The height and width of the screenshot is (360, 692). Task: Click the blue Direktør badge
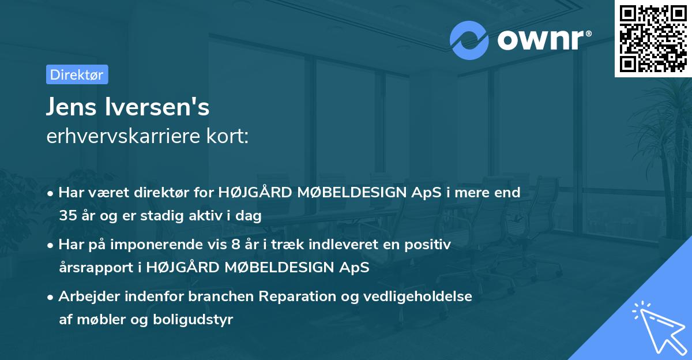[77, 74]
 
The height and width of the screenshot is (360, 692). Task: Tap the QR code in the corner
[653, 39]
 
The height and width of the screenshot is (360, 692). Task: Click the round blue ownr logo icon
[469, 40]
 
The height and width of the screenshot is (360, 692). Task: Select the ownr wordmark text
[544, 40]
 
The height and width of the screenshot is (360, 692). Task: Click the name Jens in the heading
[71, 107]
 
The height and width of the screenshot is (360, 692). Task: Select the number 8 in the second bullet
[235, 245]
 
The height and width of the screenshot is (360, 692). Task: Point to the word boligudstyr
[193, 320]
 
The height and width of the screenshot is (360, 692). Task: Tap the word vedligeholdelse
[418, 297]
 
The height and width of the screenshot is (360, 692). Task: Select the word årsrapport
[96, 268]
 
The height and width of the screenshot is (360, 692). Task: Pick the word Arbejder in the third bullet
[89, 297]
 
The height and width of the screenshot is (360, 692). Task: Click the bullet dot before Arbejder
[50, 298]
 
